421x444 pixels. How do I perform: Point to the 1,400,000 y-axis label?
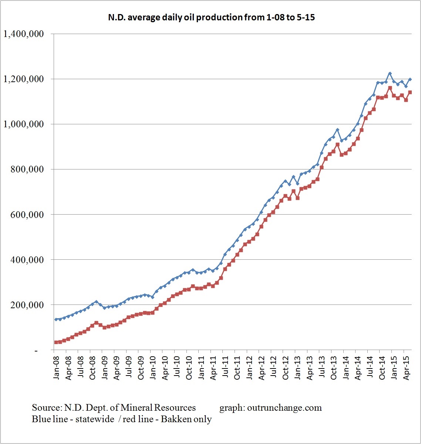click(x=23, y=34)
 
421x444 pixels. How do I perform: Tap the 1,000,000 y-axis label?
click(x=23, y=124)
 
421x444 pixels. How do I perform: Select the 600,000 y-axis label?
click(x=28, y=215)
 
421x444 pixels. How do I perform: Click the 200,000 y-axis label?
click(x=28, y=305)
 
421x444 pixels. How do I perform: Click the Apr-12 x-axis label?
click(x=262, y=368)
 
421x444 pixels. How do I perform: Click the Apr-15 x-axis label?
click(x=406, y=368)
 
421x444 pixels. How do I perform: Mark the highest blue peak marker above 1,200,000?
click(x=390, y=73)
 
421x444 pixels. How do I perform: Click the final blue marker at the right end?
click(x=410, y=80)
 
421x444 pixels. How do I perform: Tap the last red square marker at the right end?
click(x=410, y=92)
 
